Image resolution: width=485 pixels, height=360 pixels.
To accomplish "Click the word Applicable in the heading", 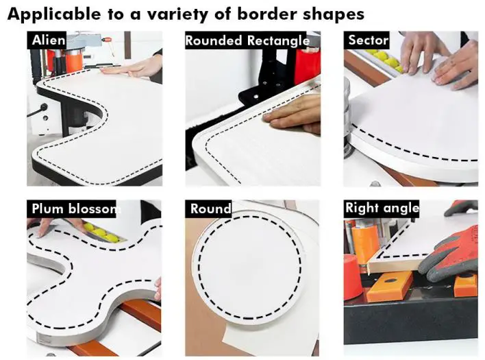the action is pos(54,14).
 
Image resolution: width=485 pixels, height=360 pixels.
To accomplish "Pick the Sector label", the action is pos(368,40).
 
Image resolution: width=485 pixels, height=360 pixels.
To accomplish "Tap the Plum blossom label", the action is pos(74,209).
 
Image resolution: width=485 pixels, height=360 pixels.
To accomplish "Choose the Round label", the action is pos(210,209).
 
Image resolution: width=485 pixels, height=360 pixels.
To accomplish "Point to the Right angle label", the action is pos(382,208).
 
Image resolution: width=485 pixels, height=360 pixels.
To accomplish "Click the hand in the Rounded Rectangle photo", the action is pos(292,115).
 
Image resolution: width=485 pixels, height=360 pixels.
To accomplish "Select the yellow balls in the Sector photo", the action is pos(386,60).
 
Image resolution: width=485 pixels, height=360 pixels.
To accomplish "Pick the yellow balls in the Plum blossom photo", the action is pos(101,232).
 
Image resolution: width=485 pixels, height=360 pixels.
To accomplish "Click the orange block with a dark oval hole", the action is pos(389,287).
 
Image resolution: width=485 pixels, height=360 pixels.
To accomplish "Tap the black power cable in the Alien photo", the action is pos(36,112).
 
